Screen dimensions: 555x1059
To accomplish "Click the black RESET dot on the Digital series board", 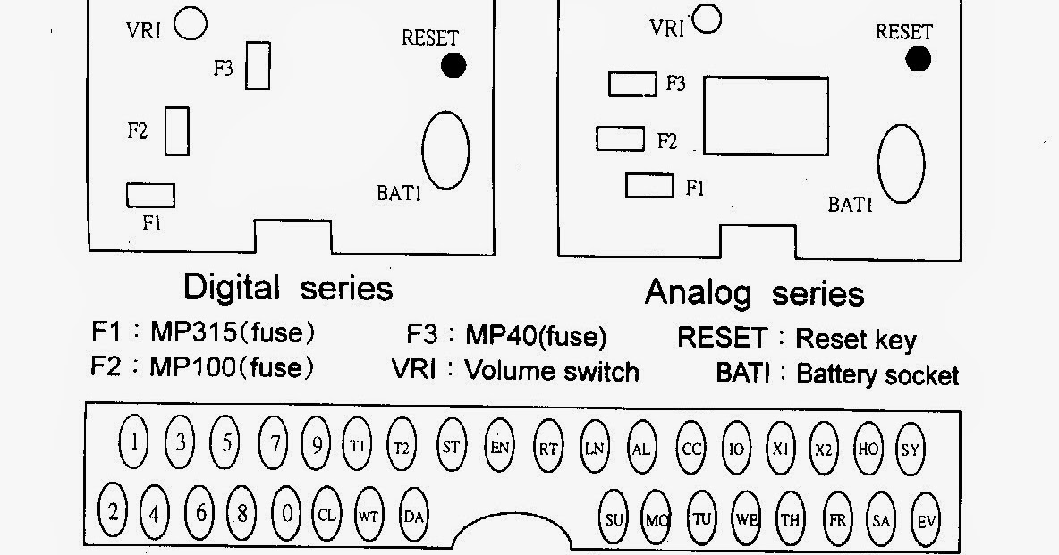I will (x=453, y=65).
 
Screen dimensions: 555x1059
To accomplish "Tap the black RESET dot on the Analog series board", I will (x=918, y=59).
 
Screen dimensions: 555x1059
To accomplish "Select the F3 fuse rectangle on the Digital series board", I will (x=258, y=65).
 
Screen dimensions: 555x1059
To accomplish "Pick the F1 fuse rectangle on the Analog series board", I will (x=649, y=186).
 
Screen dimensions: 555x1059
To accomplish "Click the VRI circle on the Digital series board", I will (x=191, y=23).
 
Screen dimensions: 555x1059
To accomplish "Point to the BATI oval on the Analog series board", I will (x=901, y=163).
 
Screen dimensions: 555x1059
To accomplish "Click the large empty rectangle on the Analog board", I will (x=766, y=115).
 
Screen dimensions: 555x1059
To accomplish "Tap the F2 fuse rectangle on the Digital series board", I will (x=177, y=130).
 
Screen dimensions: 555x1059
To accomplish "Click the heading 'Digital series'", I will (x=287, y=288).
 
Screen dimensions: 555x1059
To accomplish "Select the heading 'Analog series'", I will (x=754, y=293).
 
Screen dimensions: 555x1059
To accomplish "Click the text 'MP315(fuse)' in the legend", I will (x=232, y=333).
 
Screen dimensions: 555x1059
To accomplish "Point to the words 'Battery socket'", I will (x=877, y=374).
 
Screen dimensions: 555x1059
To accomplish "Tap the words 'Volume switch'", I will (x=552, y=371).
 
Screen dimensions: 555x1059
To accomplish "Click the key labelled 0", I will (x=287, y=513).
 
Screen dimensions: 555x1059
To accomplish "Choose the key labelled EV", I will (x=925, y=520).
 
